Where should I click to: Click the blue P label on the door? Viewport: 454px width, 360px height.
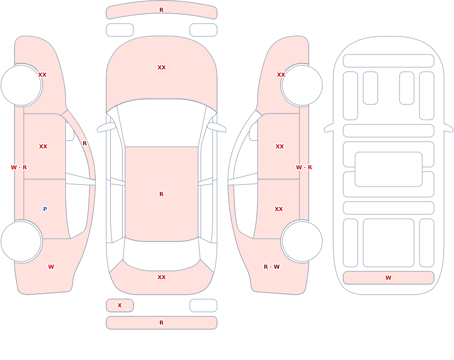pos(45,209)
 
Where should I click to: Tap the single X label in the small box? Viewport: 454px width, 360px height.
pos(119,305)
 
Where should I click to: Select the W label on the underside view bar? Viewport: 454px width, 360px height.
pos(388,278)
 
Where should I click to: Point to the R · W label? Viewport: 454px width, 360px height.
pos(271,267)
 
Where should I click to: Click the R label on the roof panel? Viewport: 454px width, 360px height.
pos(162,194)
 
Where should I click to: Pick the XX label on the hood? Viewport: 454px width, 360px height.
pos(162,68)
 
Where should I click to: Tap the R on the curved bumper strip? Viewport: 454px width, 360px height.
pos(162,10)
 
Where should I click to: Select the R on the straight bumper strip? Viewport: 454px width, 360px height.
pos(162,323)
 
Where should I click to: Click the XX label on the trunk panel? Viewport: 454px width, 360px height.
pos(162,277)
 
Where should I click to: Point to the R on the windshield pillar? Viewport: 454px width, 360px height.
pos(84,143)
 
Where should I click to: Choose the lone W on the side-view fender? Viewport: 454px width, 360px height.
pos(51,267)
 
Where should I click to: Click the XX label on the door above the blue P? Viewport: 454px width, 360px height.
pos(43,147)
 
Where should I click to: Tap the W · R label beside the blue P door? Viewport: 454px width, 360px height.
pos(19,168)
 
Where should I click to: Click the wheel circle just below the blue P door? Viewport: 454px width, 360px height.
pos(21,241)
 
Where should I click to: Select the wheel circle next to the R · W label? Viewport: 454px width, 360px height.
pos(302,241)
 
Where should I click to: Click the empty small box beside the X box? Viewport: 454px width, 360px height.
pos(203,306)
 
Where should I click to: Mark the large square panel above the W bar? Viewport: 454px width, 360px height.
pos(389,243)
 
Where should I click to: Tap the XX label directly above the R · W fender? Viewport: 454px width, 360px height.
pos(279,209)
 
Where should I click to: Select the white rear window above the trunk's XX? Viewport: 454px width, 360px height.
pos(162,255)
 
